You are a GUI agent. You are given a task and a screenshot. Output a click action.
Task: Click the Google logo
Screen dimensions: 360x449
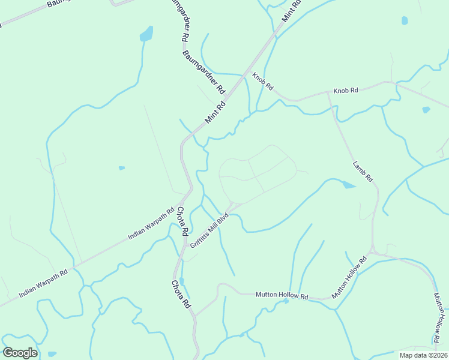coord(20,352)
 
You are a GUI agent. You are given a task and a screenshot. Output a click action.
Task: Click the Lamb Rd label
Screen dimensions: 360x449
coord(363,171)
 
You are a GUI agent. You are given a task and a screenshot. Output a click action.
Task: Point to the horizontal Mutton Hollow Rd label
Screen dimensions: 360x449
coord(282,295)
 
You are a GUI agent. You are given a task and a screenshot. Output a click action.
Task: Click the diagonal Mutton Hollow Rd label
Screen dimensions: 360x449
coord(349,278)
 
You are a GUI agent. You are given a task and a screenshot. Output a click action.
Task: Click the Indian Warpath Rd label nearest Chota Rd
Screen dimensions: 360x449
coord(153,221)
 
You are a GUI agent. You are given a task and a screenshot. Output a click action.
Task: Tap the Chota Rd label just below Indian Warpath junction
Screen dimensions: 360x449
coord(182,221)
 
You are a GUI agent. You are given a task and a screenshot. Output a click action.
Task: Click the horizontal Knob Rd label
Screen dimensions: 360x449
coord(346,90)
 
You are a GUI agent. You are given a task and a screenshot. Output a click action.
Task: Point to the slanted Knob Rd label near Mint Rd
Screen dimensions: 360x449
coord(262,82)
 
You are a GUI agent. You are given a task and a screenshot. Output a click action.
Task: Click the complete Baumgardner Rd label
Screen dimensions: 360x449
coord(204,73)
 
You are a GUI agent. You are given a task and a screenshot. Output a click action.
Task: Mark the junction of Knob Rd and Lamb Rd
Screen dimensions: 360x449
coord(329,93)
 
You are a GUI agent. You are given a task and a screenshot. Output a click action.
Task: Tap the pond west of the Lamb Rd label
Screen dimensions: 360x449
coord(348,185)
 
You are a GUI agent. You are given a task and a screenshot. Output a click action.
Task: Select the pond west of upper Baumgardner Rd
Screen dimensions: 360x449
coord(146,35)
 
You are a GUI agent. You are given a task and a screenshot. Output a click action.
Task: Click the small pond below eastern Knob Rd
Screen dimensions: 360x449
coord(426,110)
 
